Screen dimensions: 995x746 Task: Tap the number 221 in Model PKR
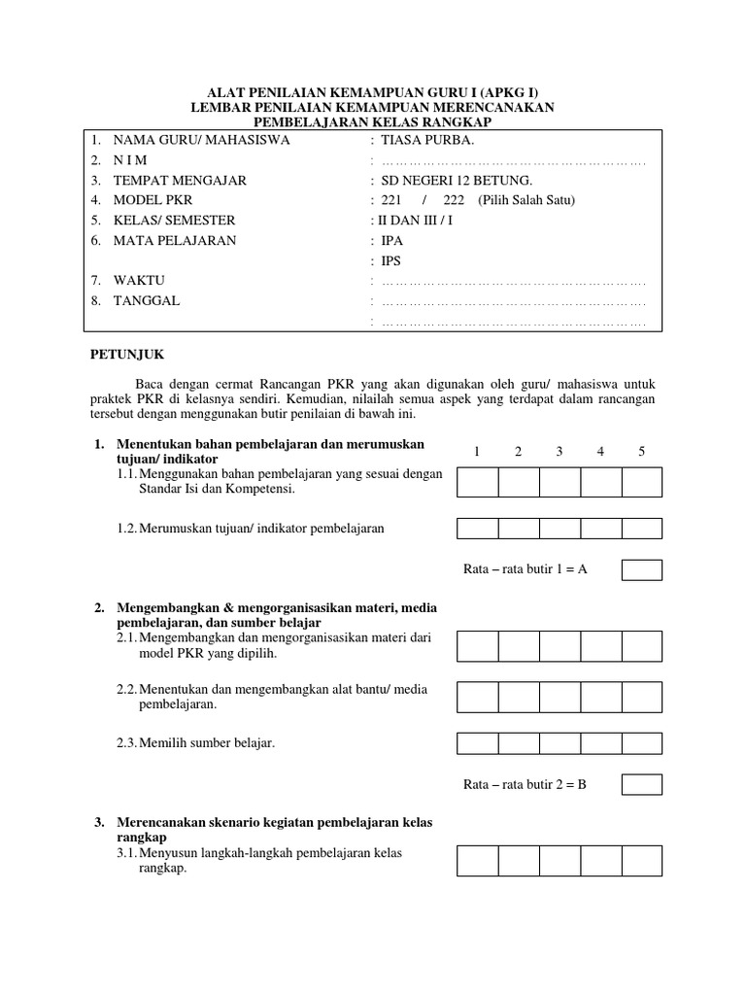391,200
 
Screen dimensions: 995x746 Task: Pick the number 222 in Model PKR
454,200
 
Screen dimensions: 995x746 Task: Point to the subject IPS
391,260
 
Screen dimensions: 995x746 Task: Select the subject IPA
391,240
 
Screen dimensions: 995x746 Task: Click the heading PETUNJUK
125,356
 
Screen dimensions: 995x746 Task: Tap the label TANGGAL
146,301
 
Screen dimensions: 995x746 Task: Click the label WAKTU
139,281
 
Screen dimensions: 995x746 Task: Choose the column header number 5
642,451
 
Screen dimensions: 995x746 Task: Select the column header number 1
477,451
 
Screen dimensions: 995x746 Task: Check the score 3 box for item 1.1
559,482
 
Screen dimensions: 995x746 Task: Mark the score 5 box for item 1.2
642,529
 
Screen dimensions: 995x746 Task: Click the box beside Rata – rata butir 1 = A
642,569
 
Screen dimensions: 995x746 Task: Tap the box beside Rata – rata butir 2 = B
642,784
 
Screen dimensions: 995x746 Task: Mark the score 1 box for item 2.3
477,743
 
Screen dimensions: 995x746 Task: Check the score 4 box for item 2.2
600,697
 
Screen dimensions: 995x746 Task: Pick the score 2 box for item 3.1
519,860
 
